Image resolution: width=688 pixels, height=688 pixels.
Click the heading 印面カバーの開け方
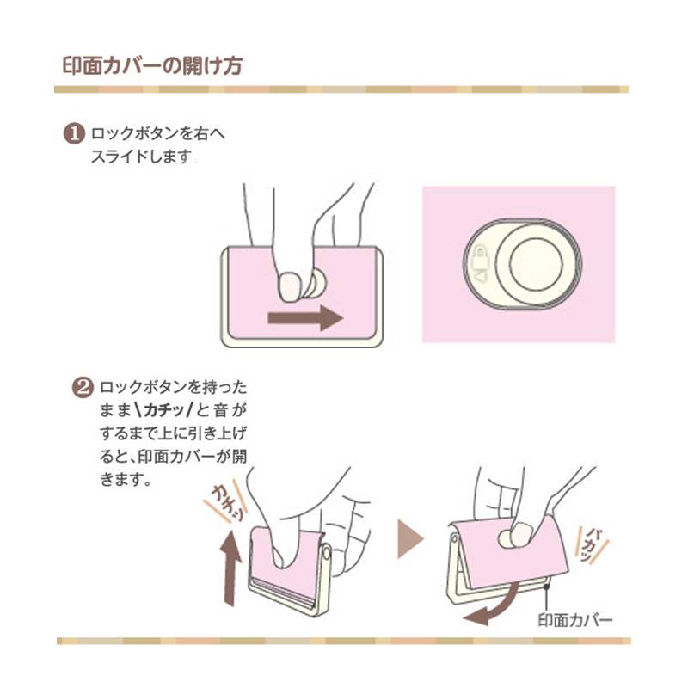(x=152, y=66)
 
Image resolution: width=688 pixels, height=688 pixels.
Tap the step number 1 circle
(x=74, y=134)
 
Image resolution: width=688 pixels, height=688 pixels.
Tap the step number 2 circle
(x=83, y=388)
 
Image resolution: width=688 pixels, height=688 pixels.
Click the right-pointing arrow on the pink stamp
(x=305, y=317)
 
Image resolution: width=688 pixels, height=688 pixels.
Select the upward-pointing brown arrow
(x=230, y=568)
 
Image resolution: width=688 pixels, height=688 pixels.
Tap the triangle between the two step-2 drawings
(x=409, y=539)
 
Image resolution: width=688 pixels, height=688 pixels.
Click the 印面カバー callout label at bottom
(x=574, y=620)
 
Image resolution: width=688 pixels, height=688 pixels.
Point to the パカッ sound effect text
(x=592, y=545)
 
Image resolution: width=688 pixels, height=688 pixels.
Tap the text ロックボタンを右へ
(x=158, y=133)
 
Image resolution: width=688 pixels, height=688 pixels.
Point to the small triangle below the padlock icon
(x=482, y=276)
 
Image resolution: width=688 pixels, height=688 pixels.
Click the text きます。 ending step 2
(x=126, y=479)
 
